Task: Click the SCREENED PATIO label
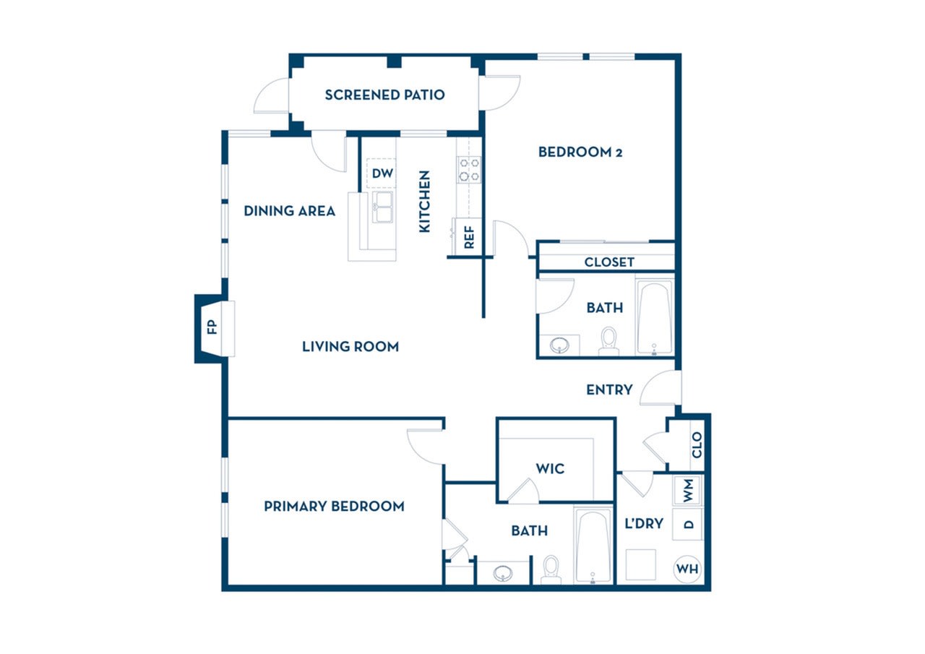[x=385, y=95]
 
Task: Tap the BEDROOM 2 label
[x=580, y=152]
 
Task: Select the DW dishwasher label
[x=382, y=173]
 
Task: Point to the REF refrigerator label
[x=469, y=237]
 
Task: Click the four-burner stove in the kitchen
[x=470, y=169]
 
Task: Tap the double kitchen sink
[x=383, y=207]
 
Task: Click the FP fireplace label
[x=212, y=327]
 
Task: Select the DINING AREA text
[x=290, y=211]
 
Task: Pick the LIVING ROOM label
[x=350, y=346]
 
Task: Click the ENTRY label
[x=609, y=390]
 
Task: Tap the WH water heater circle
[x=687, y=569]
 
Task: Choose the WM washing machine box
[x=687, y=491]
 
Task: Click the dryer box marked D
[x=687, y=525]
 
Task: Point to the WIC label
[x=550, y=468]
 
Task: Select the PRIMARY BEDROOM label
[x=334, y=506]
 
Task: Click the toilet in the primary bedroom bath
[x=551, y=569]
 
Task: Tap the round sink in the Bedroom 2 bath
[x=559, y=345]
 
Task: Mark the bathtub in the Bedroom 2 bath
[x=655, y=318]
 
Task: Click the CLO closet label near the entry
[x=697, y=444]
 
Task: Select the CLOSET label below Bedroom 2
[x=609, y=262]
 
